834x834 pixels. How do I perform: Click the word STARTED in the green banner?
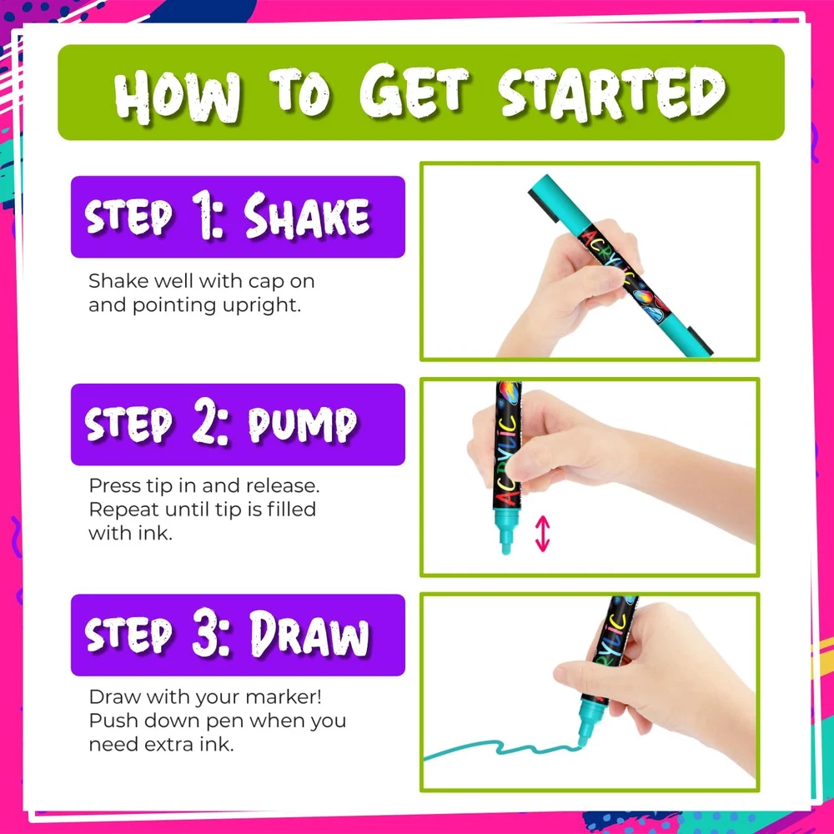[612, 94]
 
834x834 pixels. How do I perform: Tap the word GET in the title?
[414, 91]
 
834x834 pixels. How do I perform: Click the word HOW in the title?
[177, 96]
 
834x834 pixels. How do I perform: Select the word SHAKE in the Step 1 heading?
[306, 216]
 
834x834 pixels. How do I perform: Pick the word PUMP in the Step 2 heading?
[302, 425]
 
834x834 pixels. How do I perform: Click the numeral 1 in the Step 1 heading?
[203, 215]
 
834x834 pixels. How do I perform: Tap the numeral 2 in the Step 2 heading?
[205, 420]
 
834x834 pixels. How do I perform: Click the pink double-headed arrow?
[542, 533]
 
